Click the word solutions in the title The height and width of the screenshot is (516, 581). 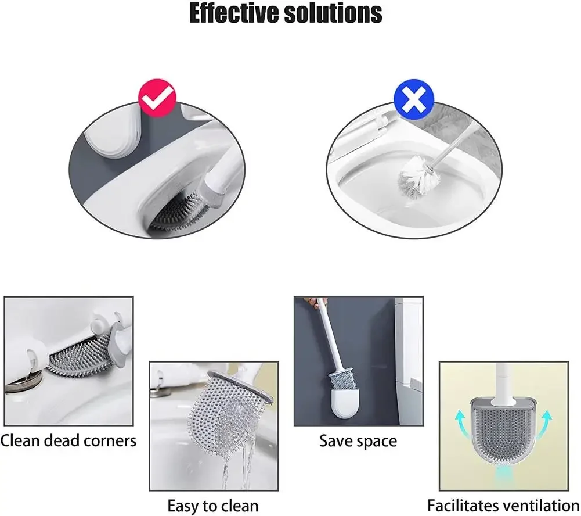(337, 14)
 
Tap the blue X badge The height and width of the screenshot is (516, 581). (414, 101)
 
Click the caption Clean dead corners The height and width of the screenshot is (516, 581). (68, 440)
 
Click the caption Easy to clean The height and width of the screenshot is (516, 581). (213, 505)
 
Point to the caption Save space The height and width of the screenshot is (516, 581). (358, 441)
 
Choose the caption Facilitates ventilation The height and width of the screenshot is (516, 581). (503, 505)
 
